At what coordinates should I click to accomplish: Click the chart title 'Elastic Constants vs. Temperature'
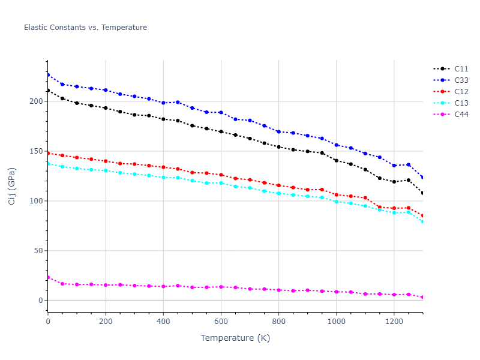click(x=85, y=28)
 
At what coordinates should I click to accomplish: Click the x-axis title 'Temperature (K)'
click(x=235, y=338)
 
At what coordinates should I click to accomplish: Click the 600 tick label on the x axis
click(x=221, y=321)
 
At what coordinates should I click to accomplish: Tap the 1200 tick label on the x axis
click(x=394, y=321)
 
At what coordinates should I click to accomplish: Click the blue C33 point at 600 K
click(x=221, y=112)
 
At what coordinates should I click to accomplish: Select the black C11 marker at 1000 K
click(x=336, y=160)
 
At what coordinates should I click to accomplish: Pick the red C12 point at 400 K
click(x=163, y=167)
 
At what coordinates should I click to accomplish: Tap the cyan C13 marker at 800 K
click(x=278, y=193)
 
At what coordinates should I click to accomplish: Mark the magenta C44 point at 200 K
click(x=106, y=285)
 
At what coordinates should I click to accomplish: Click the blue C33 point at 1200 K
click(x=394, y=165)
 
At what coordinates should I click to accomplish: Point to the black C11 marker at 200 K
click(x=106, y=108)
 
